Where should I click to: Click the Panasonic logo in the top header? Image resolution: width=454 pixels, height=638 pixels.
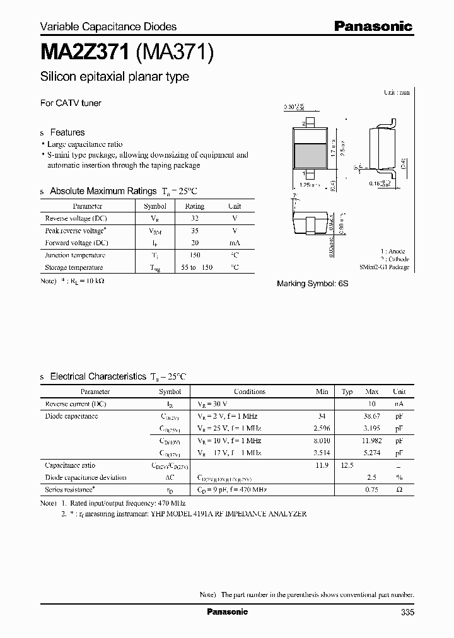coord(373,26)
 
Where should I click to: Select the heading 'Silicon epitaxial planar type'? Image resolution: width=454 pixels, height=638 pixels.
coord(114,77)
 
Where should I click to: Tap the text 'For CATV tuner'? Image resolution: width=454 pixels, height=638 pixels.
coord(71,103)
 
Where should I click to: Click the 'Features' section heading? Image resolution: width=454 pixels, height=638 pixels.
coord(67,132)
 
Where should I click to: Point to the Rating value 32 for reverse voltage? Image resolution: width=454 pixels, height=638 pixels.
coord(194,218)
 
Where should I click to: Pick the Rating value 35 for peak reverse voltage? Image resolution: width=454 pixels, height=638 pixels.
coord(194,231)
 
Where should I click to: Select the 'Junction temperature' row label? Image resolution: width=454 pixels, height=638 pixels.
coord(75,255)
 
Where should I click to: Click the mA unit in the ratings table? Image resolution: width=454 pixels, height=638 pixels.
coord(234,243)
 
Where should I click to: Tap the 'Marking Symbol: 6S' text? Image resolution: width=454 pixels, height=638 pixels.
coord(312,284)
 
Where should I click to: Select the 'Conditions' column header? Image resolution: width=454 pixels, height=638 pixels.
coord(250,391)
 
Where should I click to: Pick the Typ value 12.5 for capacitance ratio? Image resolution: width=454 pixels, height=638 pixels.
coord(347,465)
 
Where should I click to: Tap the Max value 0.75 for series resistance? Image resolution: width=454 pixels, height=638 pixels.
coord(373,490)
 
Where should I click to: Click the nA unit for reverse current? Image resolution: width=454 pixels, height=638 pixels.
coord(399,404)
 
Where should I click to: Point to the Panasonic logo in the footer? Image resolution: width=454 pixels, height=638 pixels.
coord(228,612)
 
